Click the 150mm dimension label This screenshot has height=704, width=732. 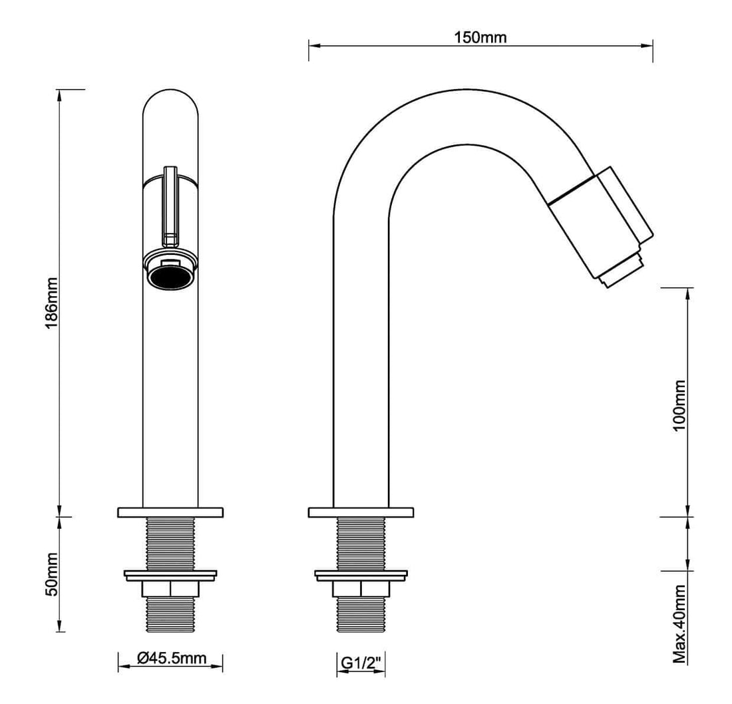[480, 37]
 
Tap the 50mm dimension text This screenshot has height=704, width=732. [53, 573]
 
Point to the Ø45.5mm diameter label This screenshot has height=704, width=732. [170, 658]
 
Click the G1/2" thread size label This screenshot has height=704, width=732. [360, 663]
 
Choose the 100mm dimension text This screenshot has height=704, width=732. [679, 405]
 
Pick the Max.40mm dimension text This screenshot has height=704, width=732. [679, 624]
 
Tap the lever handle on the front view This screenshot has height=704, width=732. [170, 203]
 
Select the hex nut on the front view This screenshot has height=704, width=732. [170, 590]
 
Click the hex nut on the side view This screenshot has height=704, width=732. [361, 590]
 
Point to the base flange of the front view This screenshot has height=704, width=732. [170, 512]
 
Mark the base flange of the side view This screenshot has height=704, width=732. [361, 512]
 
